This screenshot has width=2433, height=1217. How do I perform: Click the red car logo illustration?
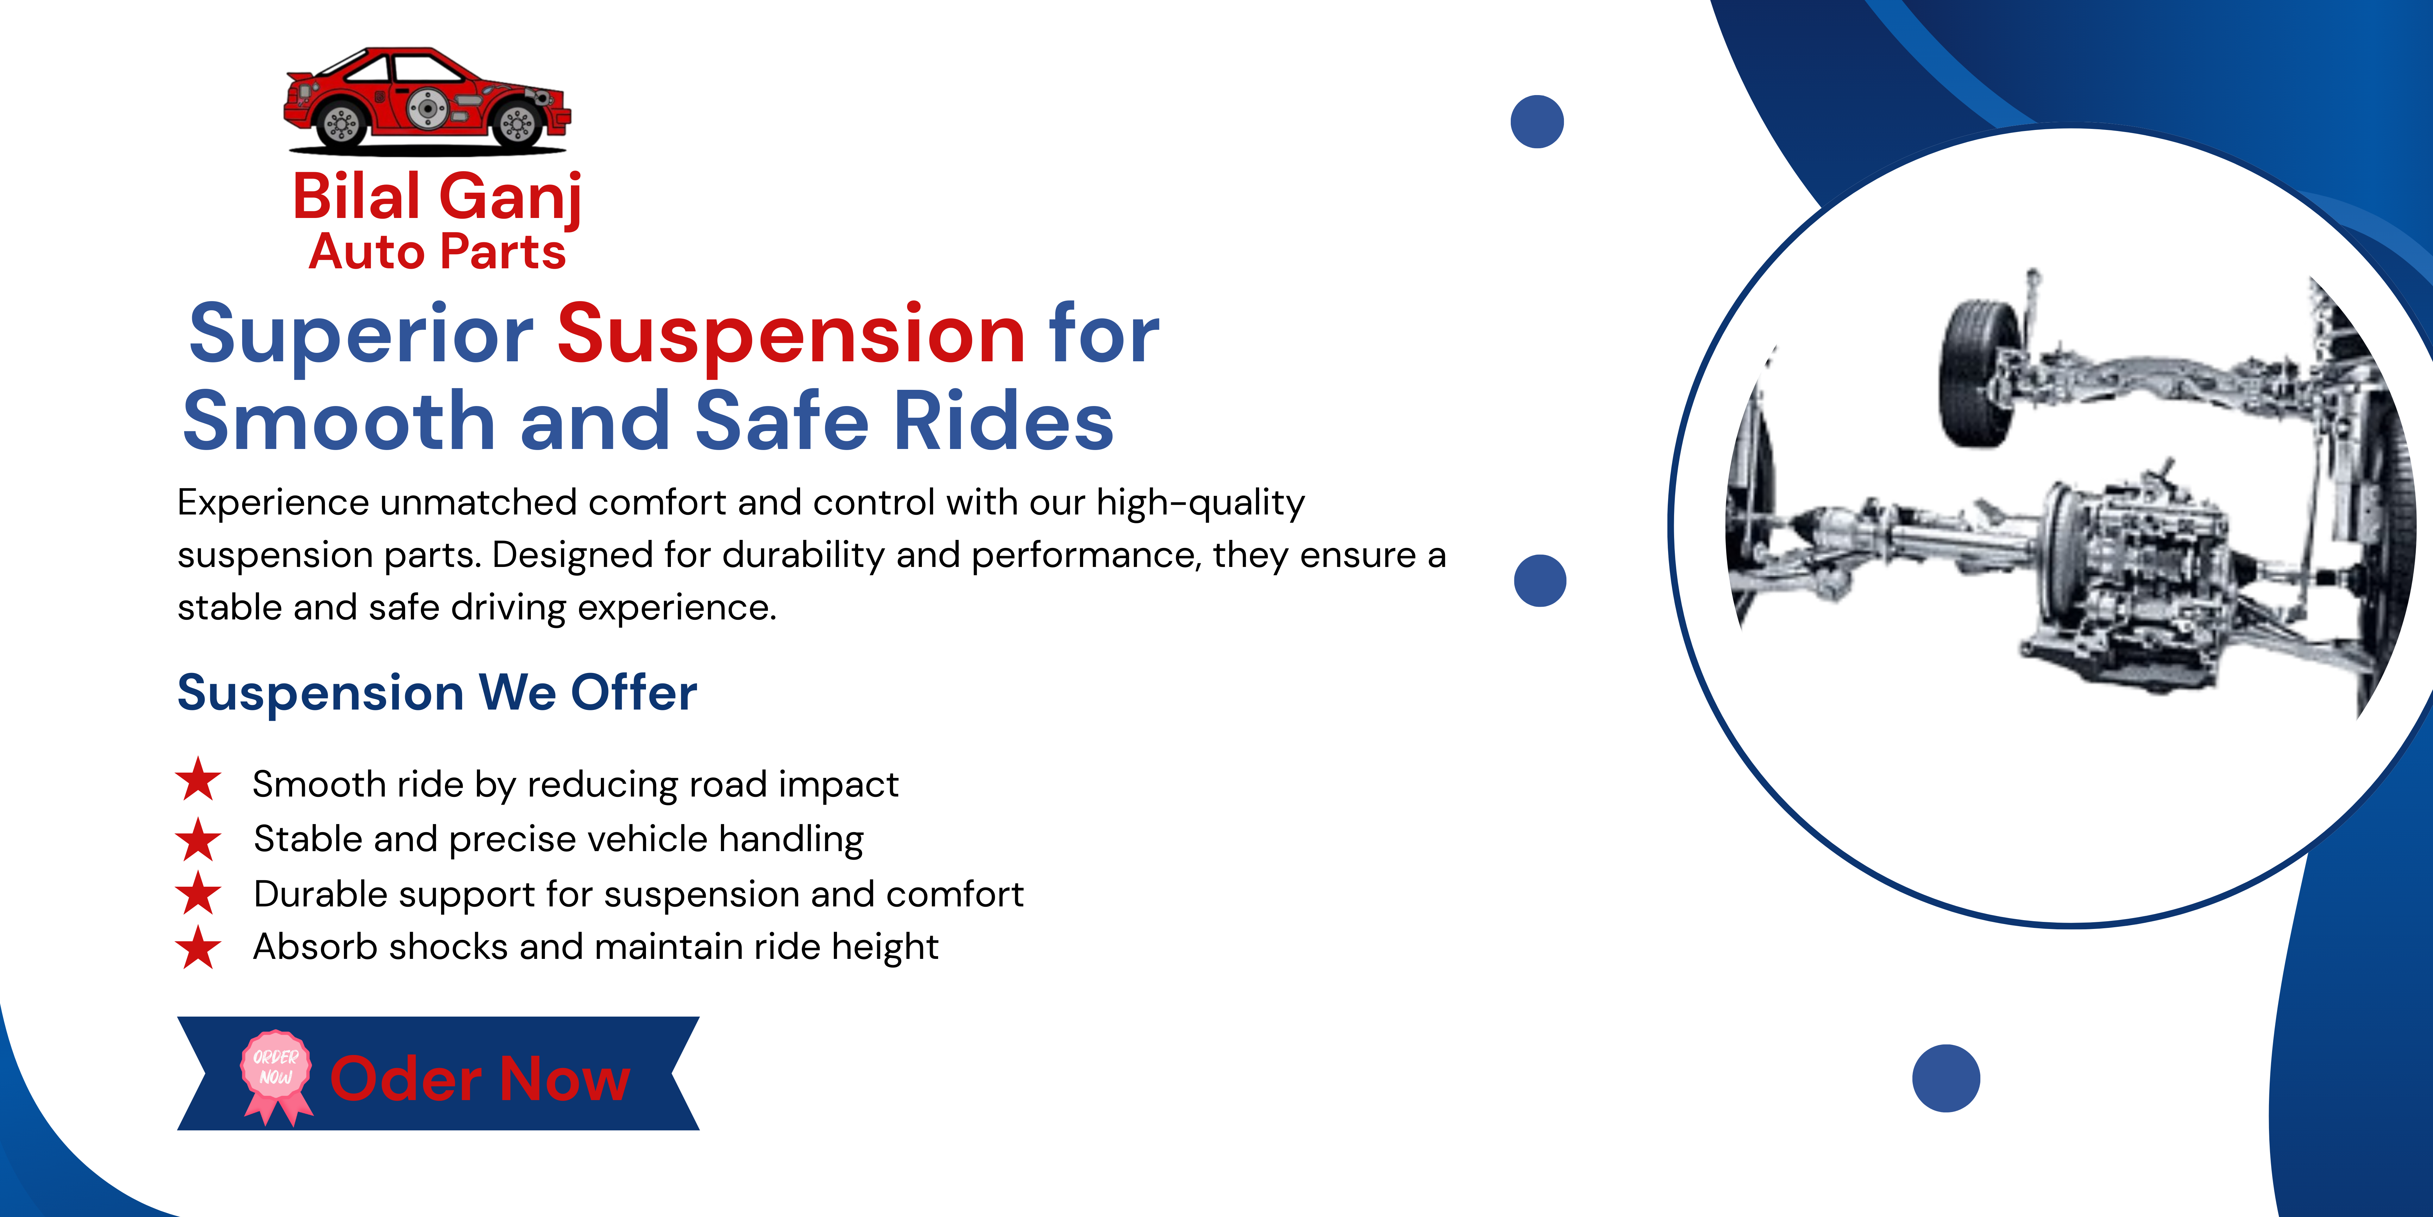click(x=427, y=101)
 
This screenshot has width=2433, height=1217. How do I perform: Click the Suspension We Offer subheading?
click(x=437, y=693)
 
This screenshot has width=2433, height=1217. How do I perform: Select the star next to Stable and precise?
click(x=198, y=839)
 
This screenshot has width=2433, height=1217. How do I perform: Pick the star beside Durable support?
click(x=198, y=893)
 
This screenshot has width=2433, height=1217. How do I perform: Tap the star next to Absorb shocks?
click(x=198, y=948)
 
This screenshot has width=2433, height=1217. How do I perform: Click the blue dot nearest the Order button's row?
click(x=1945, y=1078)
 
